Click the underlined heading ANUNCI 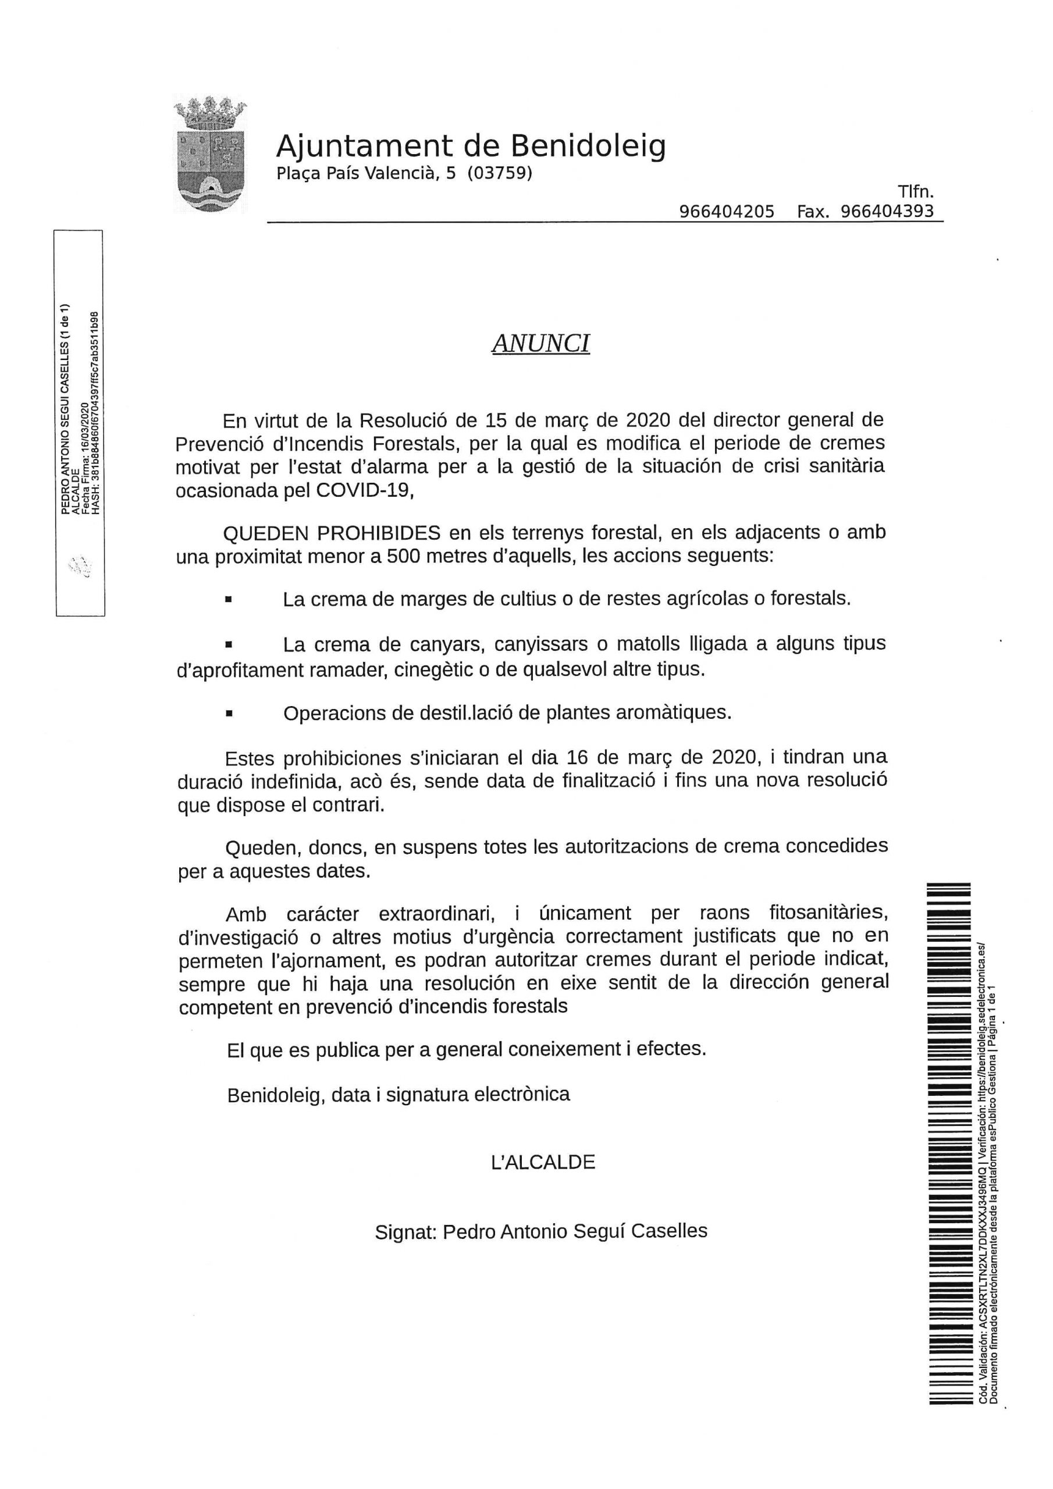click(540, 344)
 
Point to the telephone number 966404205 click(727, 211)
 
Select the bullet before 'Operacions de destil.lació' click(229, 713)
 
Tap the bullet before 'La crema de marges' click(229, 600)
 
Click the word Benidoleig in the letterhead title click(589, 146)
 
